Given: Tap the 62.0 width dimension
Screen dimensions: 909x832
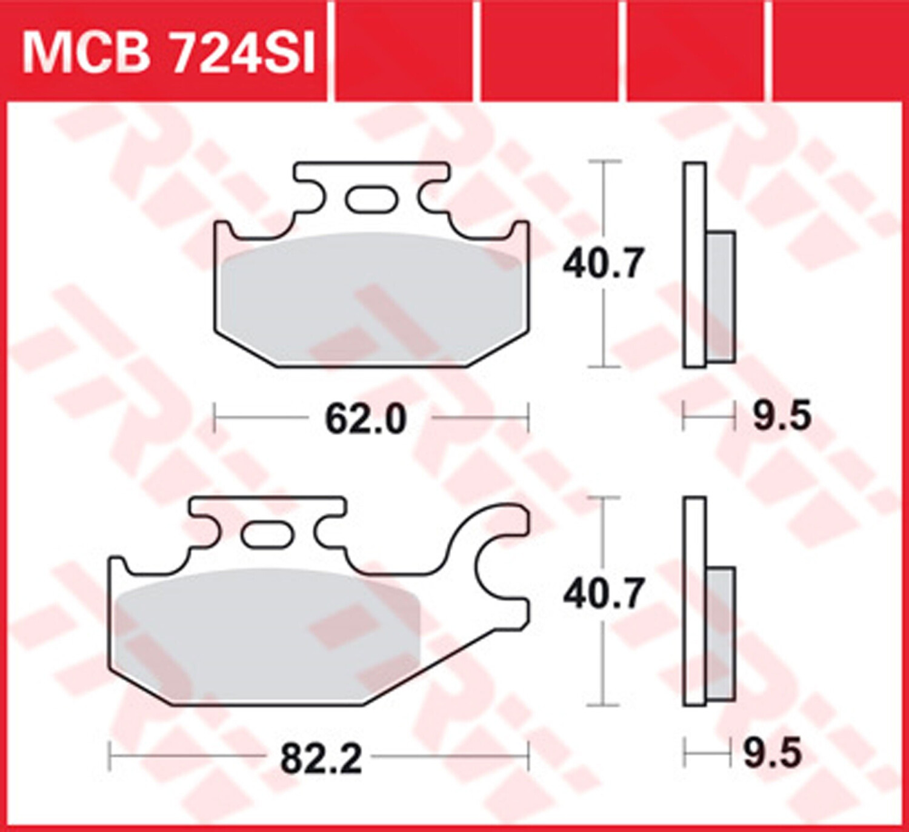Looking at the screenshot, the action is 365,419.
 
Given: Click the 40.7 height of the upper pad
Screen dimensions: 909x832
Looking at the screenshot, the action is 603,264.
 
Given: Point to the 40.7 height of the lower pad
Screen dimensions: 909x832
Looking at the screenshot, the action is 603,594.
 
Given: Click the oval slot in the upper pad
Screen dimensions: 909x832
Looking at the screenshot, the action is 370,199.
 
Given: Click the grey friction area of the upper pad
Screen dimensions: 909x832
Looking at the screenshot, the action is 371,299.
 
